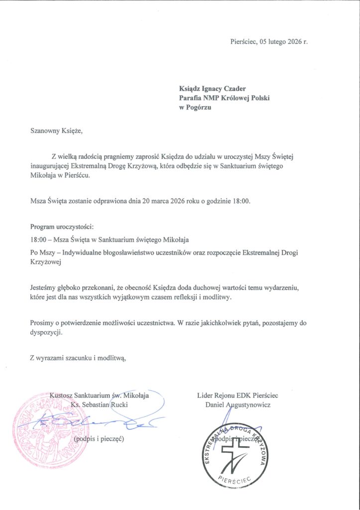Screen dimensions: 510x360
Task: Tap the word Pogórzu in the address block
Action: (x=198, y=108)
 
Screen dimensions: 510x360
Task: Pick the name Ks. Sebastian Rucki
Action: (x=100, y=404)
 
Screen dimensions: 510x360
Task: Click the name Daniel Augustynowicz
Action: (x=238, y=404)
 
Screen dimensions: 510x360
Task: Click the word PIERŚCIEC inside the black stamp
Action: (x=234, y=479)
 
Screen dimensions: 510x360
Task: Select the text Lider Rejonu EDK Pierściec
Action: (x=238, y=395)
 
